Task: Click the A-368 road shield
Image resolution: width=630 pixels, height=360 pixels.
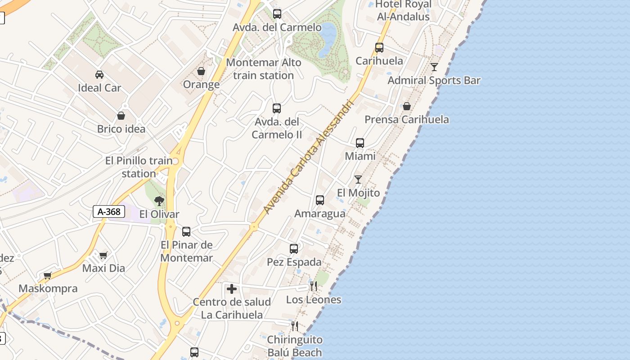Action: tap(109, 211)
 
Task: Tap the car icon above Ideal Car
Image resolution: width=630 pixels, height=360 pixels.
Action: tap(99, 74)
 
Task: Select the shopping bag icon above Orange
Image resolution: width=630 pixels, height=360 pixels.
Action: tap(201, 71)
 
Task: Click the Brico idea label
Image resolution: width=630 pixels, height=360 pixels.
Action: tap(121, 129)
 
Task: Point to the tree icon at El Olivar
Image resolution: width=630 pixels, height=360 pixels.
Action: tap(159, 201)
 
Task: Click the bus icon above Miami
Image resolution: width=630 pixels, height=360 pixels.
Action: tap(360, 143)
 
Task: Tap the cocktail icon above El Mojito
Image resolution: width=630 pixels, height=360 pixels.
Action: tap(358, 180)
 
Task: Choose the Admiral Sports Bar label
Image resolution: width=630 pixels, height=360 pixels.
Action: tap(434, 81)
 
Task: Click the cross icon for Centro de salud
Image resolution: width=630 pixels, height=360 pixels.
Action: tap(232, 289)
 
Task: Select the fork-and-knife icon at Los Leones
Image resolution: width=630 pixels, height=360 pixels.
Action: tap(314, 286)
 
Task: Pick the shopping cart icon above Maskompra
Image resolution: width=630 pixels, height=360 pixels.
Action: tap(47, 275)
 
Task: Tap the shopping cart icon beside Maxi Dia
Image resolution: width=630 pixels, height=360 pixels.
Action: tap(103, 256)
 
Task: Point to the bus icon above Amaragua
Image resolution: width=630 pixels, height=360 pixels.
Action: tap(320, 200)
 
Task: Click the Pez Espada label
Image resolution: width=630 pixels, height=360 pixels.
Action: tap(294, 262)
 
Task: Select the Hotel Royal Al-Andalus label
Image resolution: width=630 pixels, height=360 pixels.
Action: tap(403, 10)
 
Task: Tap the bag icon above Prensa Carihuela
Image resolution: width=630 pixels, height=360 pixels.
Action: tap(407, 106)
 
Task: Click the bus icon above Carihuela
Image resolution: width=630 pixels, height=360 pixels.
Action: tap(379, 47)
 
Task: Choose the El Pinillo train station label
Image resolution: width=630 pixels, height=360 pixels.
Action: tap(139, 167)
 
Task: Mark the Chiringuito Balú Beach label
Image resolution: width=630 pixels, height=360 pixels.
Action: tap(295, 346)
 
